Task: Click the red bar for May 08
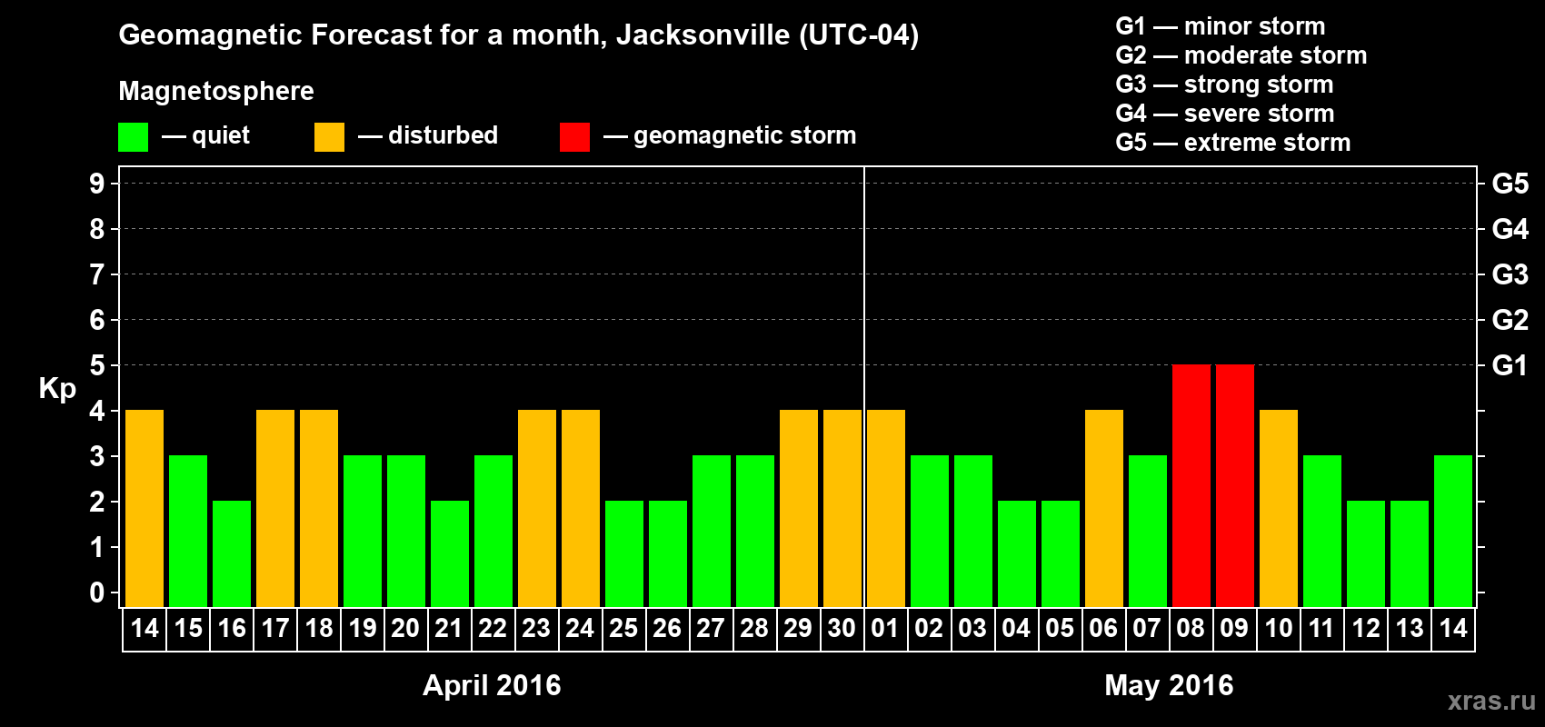tap(1191, 485)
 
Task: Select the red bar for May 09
tap(1234, 485)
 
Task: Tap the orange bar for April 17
tap(275, 508)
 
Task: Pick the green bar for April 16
tap(232, 553)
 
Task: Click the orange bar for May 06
tap(1103, 508)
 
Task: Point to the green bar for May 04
tap(1016, 553)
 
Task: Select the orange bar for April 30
tap(842, 508)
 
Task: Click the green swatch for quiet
tap(133, 137)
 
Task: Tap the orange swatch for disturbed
tap(329, 137)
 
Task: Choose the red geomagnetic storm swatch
tap(574, 137)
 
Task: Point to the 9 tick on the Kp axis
tap(97, 184)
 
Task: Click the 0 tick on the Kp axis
tap(97, 593)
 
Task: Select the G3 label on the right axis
tap(1510, 274)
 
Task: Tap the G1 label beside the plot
tap(1510, 365)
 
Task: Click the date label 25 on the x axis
tap(623, 629)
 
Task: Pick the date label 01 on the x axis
tap(885, 629)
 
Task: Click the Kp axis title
tap(57, 389)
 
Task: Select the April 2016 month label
tap(492, 685)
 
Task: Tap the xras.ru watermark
tap(1490, 701)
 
